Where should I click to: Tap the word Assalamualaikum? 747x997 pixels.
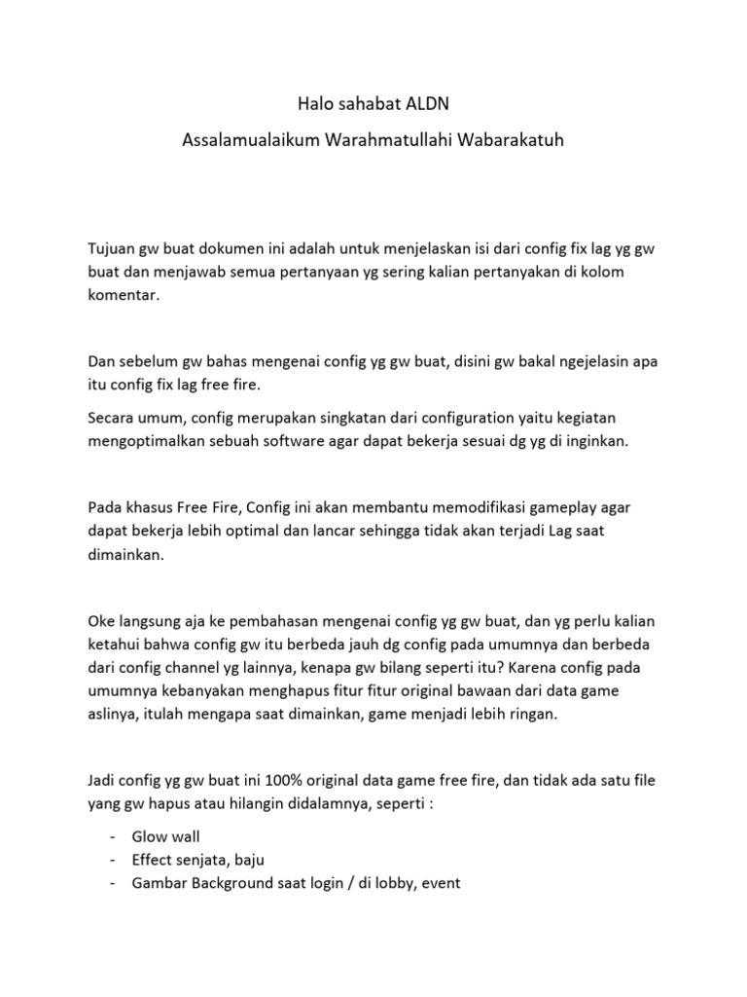(x=242, y=141)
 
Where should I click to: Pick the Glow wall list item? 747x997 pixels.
(x=164, y=837)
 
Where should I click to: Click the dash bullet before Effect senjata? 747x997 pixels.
(x=113, y=861)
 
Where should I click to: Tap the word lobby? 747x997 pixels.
(x=389, y=883)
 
